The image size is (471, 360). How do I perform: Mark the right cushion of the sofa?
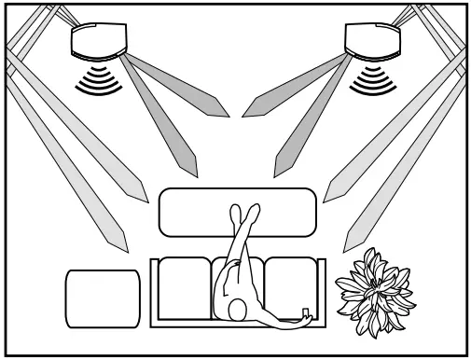(x=293, y=284)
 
